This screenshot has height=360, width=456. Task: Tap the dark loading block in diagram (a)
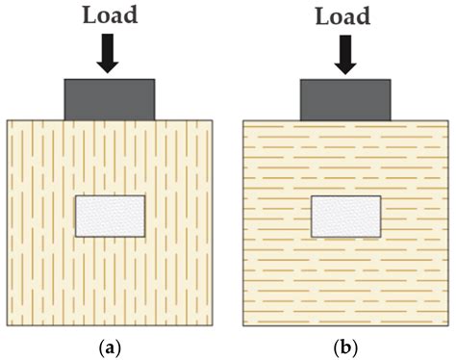[x=109, y=99]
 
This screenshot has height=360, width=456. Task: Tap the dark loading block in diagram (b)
[x=345, y=99]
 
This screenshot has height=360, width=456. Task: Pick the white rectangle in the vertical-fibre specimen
[x=110, y=217]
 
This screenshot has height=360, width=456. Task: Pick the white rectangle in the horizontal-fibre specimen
[x=345, y=217]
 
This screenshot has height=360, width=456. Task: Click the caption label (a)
[x=109, y=342]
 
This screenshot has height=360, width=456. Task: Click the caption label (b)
[x=345, y=342]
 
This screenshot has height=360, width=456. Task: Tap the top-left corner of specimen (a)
[x=7, y=120]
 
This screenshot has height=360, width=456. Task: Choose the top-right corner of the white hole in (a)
[x=144, y=195]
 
